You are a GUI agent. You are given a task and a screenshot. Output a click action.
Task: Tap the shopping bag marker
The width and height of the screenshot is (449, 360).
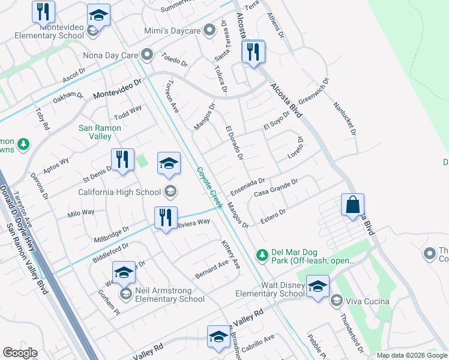pos(352,205)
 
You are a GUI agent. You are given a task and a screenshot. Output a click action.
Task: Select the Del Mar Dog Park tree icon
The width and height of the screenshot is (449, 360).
pos(262,255)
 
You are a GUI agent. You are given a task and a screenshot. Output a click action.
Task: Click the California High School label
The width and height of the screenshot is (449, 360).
pos(121,192)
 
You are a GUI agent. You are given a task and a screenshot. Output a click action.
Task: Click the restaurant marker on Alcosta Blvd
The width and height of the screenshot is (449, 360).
pos(253,52)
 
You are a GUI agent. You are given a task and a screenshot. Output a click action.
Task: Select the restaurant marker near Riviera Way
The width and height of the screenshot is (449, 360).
pos(165,217)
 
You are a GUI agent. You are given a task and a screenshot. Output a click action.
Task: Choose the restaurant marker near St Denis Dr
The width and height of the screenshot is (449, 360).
pos(122,160)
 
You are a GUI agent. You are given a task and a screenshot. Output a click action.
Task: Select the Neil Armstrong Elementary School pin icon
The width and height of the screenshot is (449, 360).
pos(126,293)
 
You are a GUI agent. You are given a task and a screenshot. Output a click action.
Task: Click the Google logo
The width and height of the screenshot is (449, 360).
pos(20,353)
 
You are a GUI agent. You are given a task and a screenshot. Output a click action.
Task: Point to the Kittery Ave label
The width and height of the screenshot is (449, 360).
pos(231,255)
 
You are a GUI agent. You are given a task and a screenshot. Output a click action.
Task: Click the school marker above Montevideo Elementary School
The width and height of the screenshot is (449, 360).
pos(98,14)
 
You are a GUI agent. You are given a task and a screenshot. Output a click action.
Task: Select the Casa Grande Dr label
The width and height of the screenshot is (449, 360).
pos(276,189)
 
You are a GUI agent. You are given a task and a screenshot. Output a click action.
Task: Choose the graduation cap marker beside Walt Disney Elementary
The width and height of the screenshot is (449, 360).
pos(317,285)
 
